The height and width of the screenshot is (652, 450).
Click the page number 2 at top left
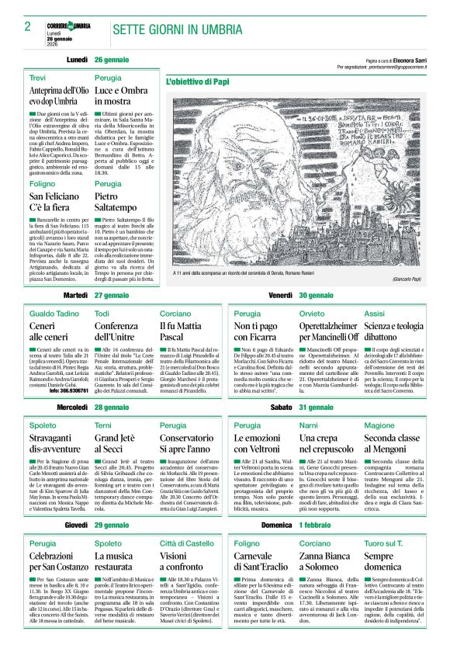[27, 26]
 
